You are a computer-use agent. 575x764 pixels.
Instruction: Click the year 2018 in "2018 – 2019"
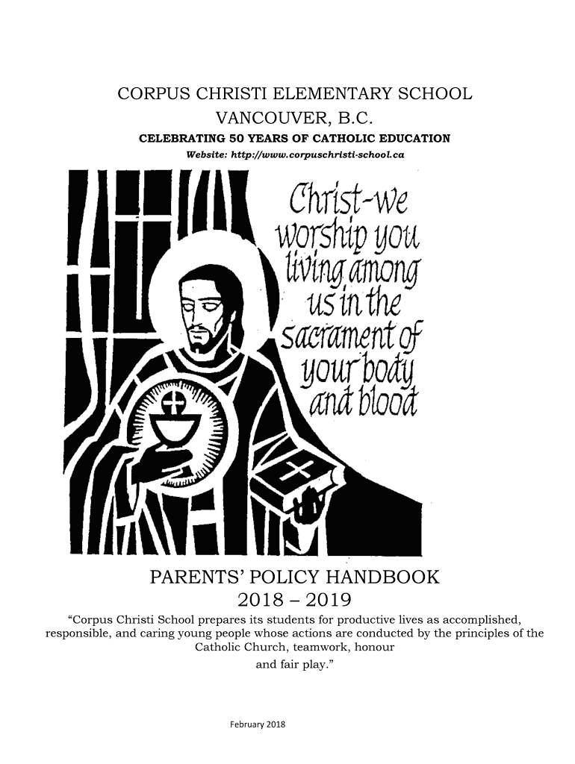coord(261,601)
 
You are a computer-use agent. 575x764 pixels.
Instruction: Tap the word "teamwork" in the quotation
coord(303,648)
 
